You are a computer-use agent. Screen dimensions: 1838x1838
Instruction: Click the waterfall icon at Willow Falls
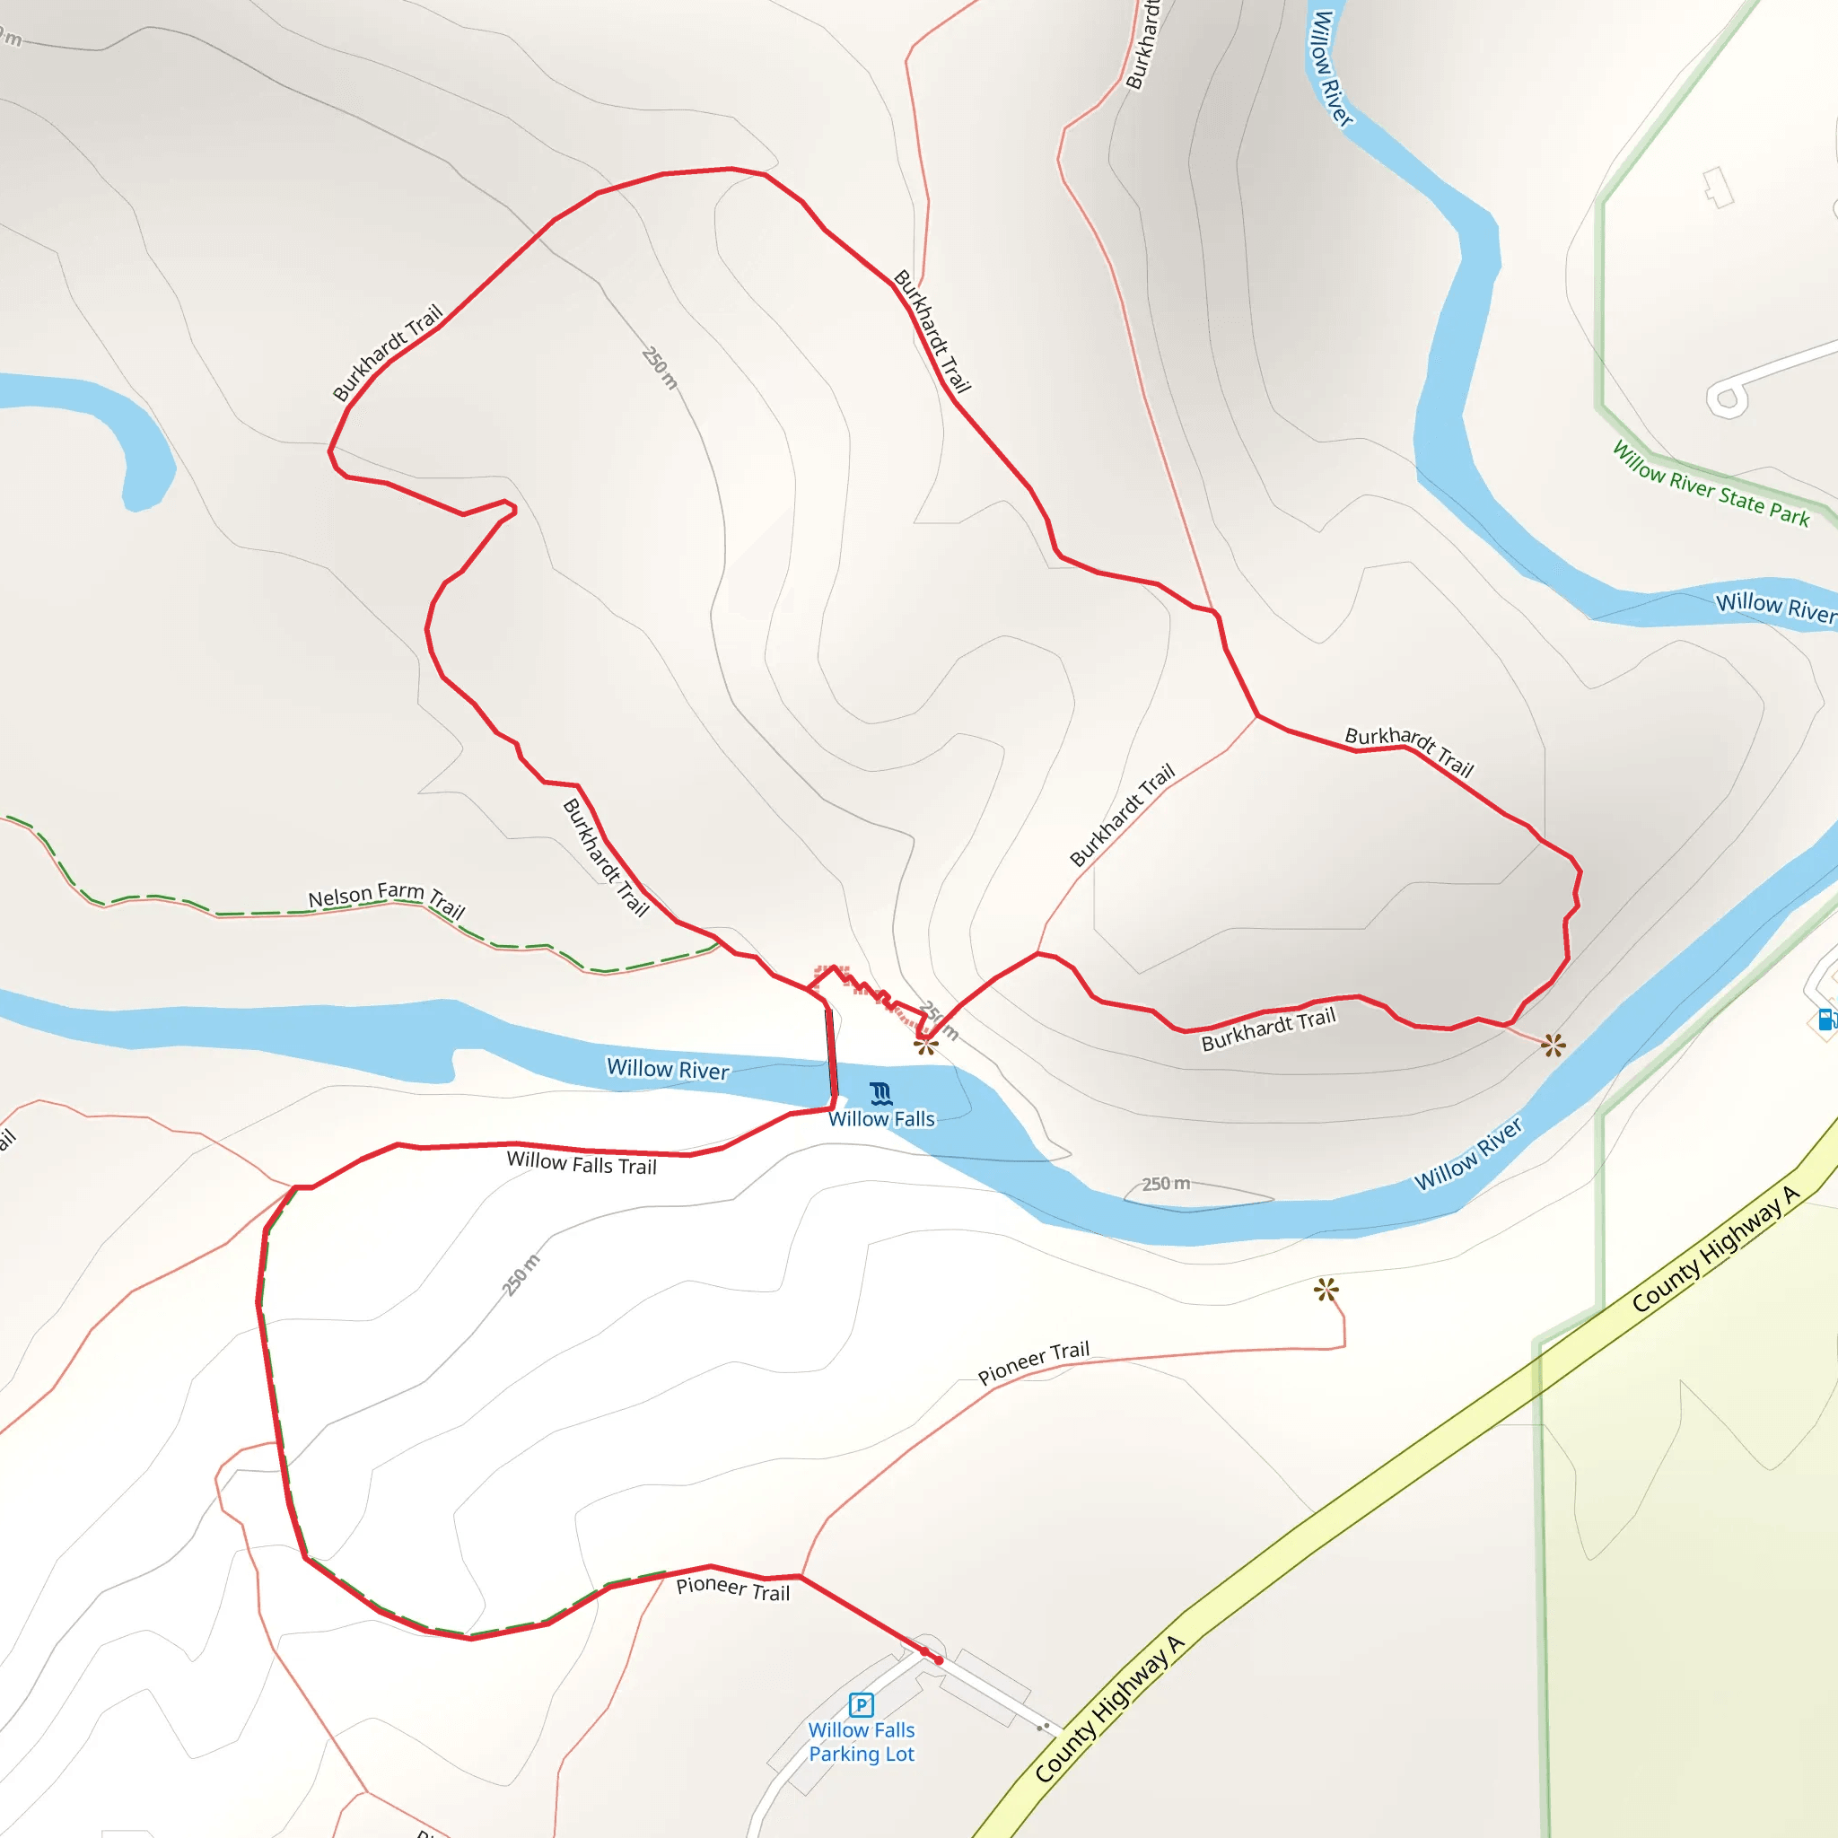[x=882, y=1093]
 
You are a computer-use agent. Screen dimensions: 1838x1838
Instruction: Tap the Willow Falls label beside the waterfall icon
[x=882, y=1120]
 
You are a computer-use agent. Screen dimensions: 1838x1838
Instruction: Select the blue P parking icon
[x=861, y=1705]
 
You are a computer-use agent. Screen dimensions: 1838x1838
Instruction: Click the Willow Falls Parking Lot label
[x=862, y=1742]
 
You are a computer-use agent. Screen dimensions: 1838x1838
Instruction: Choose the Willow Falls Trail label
[x=582, y=1162]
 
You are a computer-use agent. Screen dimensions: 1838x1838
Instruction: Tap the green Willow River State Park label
[x=1711, y=485]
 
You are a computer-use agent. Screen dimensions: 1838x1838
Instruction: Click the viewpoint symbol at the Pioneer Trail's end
[x=1326, y=1290]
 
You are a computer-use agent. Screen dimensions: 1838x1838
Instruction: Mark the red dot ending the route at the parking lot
[x=939, y=1660]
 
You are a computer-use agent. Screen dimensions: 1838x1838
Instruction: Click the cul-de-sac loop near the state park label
[x=1727, y=398]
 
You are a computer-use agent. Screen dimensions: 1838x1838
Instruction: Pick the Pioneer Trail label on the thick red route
[x=732, y=1589]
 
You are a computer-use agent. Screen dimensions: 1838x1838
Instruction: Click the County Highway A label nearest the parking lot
[x=1109, y=1709]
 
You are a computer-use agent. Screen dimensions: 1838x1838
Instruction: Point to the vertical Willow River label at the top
[x=1331, y=66]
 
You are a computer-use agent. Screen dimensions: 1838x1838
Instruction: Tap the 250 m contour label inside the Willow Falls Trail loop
[x=521, y=1274]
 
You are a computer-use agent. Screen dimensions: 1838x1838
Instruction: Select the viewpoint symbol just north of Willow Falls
[x=925, y=1046]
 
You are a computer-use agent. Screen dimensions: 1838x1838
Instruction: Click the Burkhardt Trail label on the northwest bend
[x=387, y=353]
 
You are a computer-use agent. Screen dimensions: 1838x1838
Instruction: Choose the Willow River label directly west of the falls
[x=668, y=1069]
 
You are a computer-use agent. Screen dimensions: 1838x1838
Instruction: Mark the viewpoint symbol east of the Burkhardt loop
[x=1553, y=1046]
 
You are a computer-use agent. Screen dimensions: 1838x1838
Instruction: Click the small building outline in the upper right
[x=1718, y=187]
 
